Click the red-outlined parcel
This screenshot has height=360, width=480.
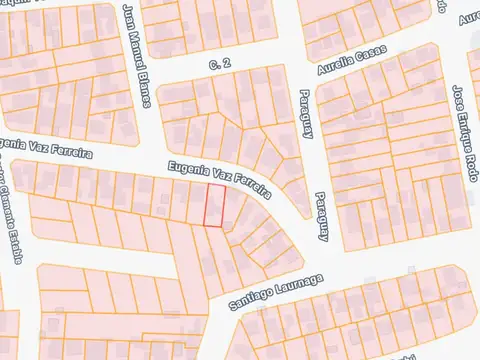(x=215, y=205)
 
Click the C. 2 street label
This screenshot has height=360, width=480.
(x=220, y=64)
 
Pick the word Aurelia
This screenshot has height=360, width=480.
(x=333, y=69)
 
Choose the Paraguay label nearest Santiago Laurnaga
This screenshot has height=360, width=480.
(x=322, y=218)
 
